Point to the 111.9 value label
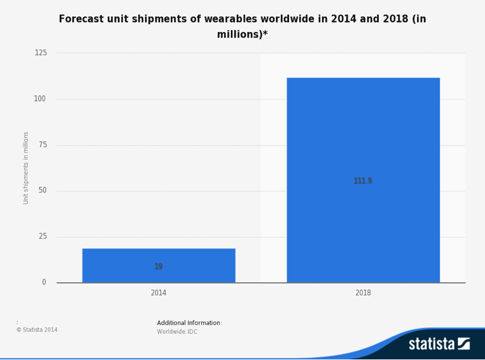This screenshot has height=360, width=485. pyautogui.click(x=363, y=181)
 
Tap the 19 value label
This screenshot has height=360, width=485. pyautogui.click(x=159, y=267)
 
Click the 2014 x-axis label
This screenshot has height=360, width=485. pyautogui.click(x=159, y=293)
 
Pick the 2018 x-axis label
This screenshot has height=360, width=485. pyautogui.click(x=363, y=293)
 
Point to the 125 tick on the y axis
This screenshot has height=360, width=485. pyautogui.click(x=41, y=53)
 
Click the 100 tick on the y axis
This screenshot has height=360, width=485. pyautogui.click(x=41, y=99)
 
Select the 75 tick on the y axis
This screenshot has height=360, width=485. pyautogui.click(x=42, y=145)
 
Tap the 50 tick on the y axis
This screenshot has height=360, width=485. pyautogui.click(x=42, y=191)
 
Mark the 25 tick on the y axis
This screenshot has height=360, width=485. pyautogui.click(x=42, y=236)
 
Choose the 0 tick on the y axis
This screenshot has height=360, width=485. pyautogui.click(x=44, y=282)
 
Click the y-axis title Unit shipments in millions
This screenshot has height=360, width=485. pyautogui.click(x=26, y=168)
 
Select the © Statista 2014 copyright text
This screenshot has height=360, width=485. pyautogui.click(x=37, y=330)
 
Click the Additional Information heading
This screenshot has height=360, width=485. pyautogui.click(x=189, y=323)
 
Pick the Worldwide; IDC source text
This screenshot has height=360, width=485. pyautogui.click(x=177, y=332)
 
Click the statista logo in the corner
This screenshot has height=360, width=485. pyautogui.click(x=439, y=344)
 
